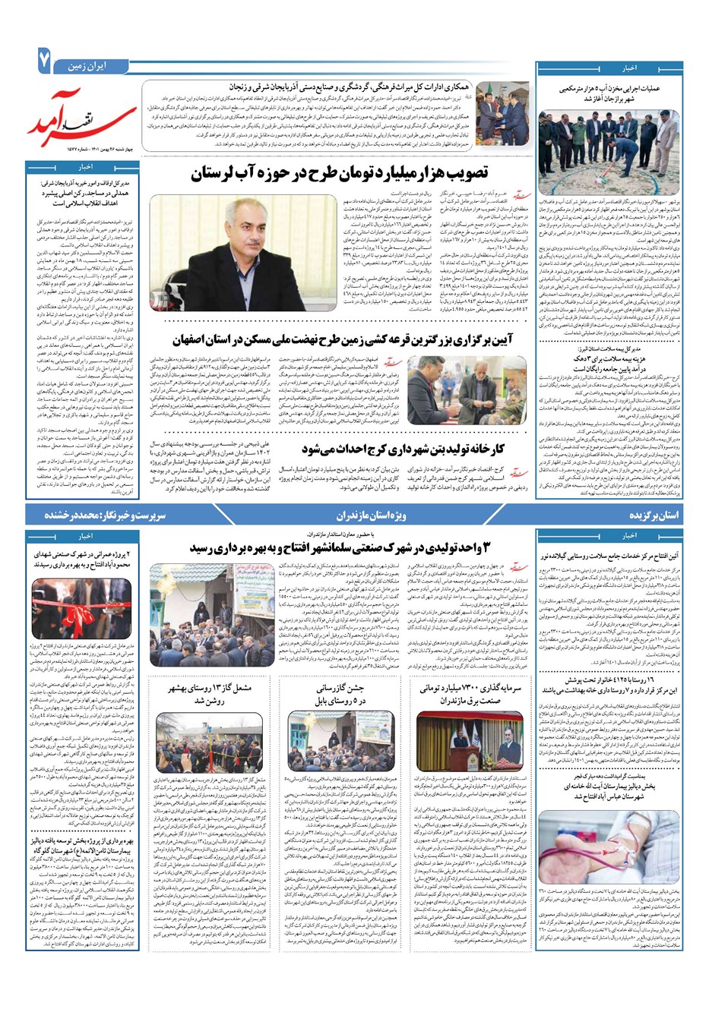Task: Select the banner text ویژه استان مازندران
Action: pos(372,515)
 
